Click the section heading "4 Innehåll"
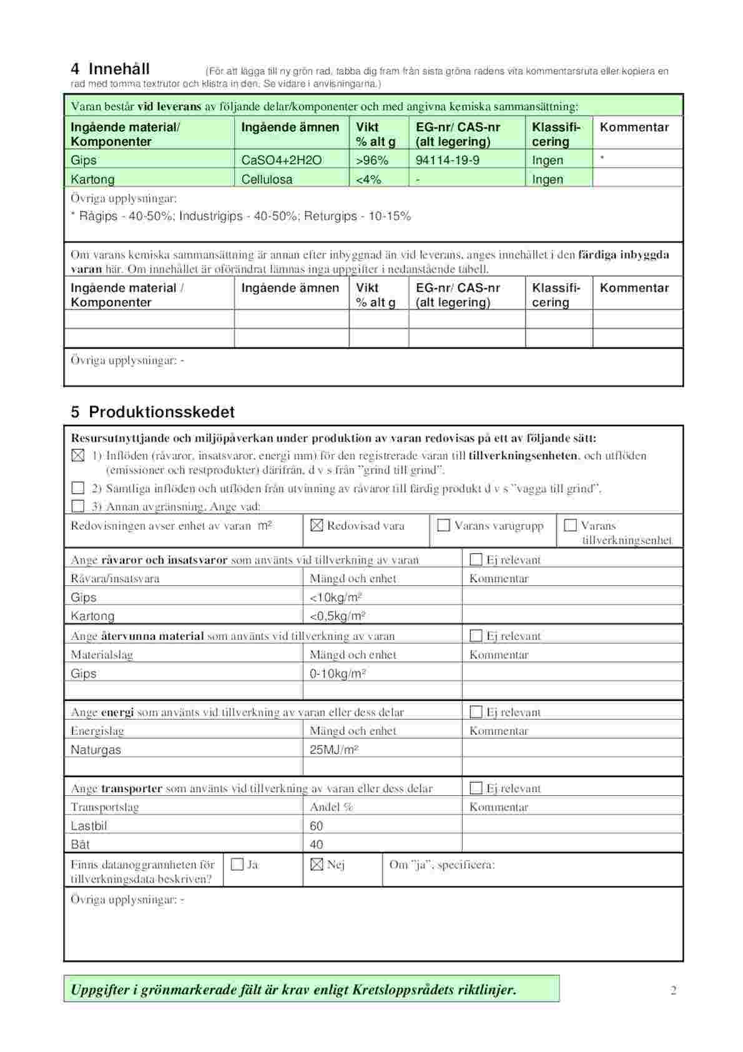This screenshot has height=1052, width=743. pos(111,69)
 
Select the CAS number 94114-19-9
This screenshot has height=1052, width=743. pos(447,161)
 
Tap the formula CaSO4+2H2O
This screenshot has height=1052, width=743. pos(281,161)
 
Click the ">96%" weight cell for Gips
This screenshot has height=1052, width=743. pos(371,161)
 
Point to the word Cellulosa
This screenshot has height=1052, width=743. pos(267,180)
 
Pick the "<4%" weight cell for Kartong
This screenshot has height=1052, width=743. pos(368,180)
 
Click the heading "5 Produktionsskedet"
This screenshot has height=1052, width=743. pos(153,412)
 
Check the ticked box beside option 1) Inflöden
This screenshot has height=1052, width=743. pos(78,455)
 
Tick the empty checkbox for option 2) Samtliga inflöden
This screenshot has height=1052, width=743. pos(78,488)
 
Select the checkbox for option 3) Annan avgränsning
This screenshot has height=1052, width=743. pos(78,506)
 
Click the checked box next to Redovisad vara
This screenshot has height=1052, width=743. pos(317,525)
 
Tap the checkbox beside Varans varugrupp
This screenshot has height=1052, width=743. pos(443,525)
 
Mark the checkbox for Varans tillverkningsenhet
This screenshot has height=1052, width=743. pos(570,525)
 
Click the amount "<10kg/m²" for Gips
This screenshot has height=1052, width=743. pos(337,598)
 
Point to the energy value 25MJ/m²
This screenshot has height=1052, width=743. pos(334,750)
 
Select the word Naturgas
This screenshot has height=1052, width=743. pos(96,750)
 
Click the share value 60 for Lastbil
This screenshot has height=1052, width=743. pos(317,826)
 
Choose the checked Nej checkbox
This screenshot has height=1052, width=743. pos(317,865)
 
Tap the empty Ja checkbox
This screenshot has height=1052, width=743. pos(237,865)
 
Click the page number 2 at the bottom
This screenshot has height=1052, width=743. pos(673,990)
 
